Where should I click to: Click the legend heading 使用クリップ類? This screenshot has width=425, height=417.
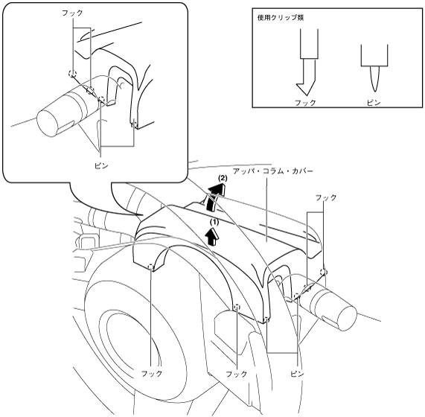[281, 18]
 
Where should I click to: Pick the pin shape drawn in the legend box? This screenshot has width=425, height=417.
[374, 69]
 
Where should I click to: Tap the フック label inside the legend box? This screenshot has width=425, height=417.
[305, 103]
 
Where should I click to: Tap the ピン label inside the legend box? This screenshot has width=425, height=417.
[374, 103]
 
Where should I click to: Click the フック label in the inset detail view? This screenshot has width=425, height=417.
[72, 13]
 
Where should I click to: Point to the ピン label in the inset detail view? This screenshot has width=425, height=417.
[101, 165]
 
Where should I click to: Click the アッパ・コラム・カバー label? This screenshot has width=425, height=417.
[273, 171]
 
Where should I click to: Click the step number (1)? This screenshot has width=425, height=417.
[214, 222]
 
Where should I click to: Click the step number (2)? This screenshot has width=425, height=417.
[223, 179]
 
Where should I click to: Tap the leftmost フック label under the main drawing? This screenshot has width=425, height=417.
[151, 374]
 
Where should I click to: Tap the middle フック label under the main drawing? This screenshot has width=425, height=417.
[237, 374]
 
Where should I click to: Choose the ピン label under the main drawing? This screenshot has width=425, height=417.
[297, 374]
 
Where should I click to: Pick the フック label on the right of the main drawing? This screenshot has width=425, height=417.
[326, 197]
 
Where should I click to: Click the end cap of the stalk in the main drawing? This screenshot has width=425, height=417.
[346, 317]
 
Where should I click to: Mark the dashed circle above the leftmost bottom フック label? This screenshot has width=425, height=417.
[151, 267]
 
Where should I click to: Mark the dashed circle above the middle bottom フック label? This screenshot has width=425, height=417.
[237, 306]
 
